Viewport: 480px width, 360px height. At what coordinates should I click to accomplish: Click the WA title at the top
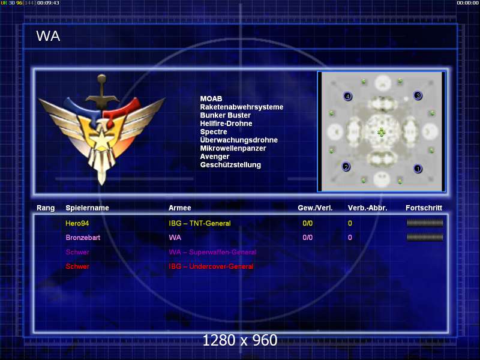48,36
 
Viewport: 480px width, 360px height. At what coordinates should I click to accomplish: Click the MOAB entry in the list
211,99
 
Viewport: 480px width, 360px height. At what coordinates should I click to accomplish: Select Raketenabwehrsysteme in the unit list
241,107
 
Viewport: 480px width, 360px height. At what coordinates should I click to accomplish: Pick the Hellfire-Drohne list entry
226,124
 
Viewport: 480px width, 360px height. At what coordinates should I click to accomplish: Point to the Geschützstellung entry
230,164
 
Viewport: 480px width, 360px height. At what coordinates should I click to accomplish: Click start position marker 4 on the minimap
347,96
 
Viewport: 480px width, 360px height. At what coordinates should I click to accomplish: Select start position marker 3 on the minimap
418,95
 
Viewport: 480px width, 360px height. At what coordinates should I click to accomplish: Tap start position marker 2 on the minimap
346,167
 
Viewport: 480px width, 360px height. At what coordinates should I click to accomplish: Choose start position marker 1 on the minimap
418,169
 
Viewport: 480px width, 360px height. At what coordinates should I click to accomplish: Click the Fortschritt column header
424,208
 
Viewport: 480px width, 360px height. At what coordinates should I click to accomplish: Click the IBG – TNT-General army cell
200,223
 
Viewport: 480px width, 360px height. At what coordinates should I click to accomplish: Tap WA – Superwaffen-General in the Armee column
212,252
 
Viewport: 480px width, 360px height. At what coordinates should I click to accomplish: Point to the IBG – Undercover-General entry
211,266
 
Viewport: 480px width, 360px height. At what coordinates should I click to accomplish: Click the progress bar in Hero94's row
425,223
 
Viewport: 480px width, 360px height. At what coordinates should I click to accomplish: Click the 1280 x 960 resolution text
240,340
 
